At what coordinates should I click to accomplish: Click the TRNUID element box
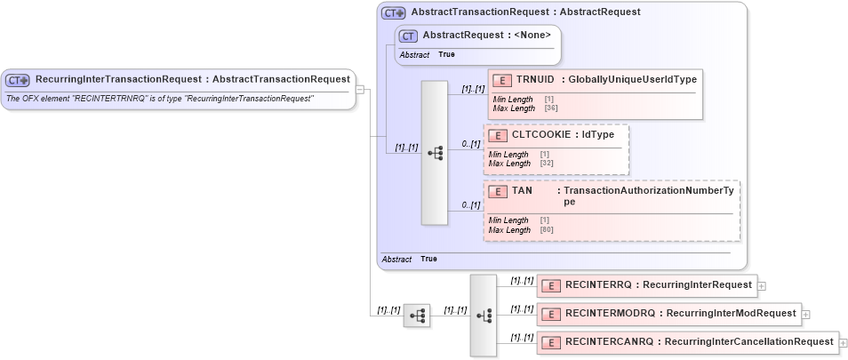coord(596,93)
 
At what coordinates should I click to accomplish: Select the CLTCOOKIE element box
coord(556,148)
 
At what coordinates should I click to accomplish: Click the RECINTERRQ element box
coord(646,285)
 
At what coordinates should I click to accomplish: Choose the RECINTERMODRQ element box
coord(668,313)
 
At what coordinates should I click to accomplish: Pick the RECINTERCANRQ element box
coord(687,341)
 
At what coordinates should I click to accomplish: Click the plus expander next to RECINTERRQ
coord(763,286)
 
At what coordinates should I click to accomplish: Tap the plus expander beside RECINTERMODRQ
coord(805,314)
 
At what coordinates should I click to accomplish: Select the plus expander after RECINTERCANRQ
coord(843,342)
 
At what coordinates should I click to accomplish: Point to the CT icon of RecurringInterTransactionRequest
coord(18,80)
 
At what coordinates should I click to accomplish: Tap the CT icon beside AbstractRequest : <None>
coord(409,36)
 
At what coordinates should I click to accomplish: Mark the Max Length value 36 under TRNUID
coord(550,108)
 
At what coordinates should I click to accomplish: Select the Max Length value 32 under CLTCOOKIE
coord(546,164)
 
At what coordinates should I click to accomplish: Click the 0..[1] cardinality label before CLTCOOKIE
coord(471,143)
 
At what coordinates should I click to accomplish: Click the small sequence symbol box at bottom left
coord(416,316)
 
